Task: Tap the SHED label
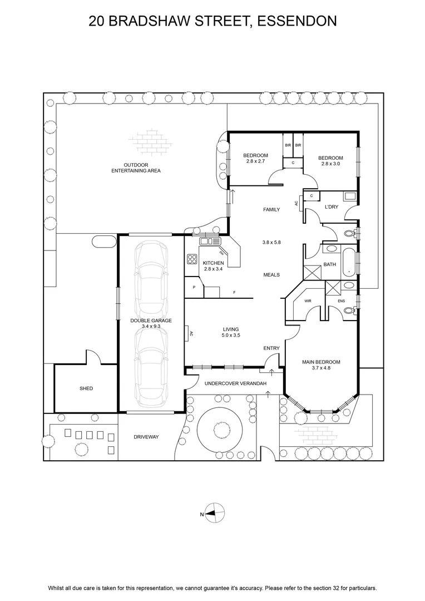point(86,388)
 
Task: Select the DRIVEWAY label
point(146,437)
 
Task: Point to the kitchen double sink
point(210,241)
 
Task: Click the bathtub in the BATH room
point(348,262)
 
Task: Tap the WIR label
point(308,301)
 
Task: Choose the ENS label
point(341,301)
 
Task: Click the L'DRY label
point(332,207)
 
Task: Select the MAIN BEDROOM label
point(321,362)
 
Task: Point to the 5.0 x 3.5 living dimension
point(231,335)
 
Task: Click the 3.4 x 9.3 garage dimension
point(151,326)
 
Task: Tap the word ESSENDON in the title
point(297,21)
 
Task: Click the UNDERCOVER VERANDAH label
point(236,383)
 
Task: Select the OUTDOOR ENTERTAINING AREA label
point(136,168)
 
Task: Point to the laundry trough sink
point(350,196)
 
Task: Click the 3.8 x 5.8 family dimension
point(271,242)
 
